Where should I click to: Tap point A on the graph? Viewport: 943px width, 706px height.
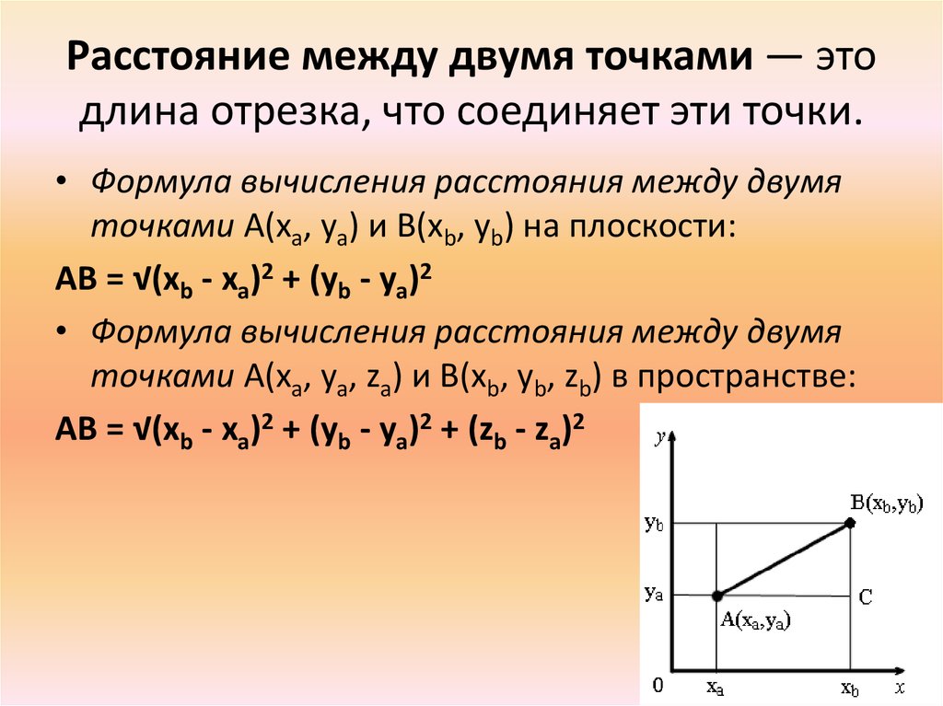(x=716, y=596)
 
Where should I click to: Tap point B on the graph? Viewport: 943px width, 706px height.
(x=850, y=523)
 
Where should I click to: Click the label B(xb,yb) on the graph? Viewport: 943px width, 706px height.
(x=886, y=503)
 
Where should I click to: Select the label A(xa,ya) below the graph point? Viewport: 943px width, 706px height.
(x=755, y=620)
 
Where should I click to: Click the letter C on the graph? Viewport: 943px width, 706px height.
(x=866, y=597)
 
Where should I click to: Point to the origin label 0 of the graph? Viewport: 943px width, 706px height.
(x=658, y=685)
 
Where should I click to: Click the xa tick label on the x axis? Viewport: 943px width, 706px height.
(x=715, y=687)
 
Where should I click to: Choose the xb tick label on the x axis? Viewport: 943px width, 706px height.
(x=850, y=687)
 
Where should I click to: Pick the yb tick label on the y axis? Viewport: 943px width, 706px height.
(x=654, y=524)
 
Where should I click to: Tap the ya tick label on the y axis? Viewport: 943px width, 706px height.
(x=654, y=594)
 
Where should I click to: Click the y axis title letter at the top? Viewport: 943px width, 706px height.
(x=660, y=437)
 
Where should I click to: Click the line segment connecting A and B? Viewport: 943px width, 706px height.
(x=784, y=560)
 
